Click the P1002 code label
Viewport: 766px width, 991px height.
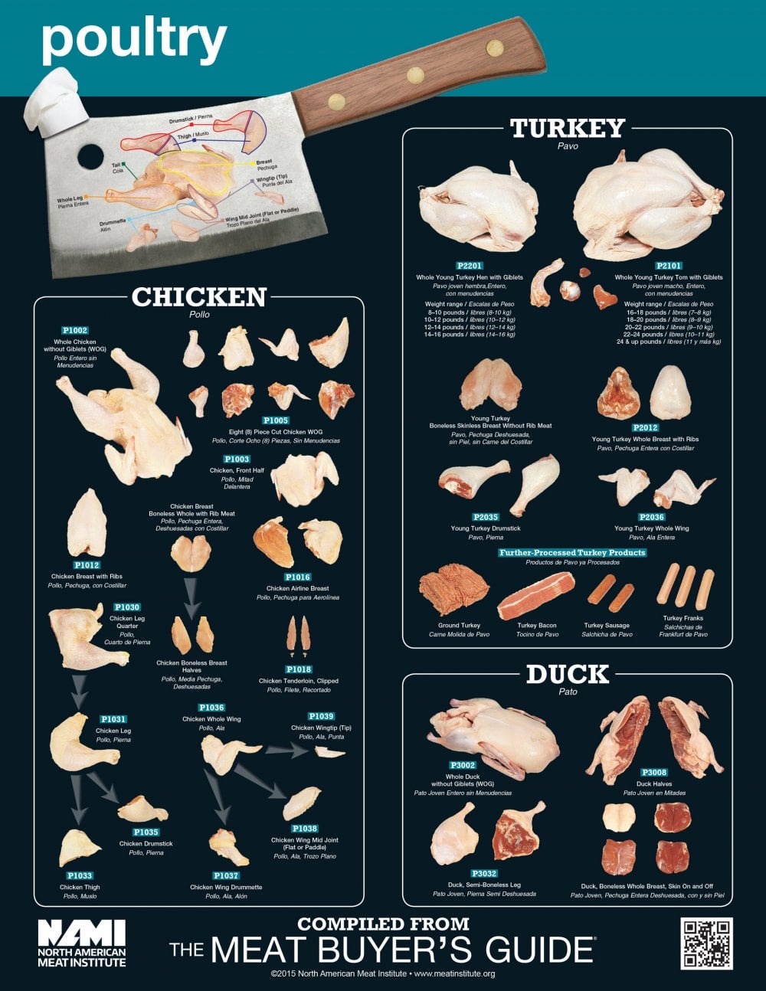(75, 331)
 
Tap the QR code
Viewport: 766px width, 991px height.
(706, 943)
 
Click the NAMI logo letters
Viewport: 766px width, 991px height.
(81, 933)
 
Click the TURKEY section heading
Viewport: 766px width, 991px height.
(568, 128)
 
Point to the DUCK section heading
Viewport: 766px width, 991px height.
(568, 675)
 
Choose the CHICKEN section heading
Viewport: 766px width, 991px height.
(199, 297)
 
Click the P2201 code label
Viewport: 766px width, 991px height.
(469, 266)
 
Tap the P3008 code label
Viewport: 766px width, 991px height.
(653, 773)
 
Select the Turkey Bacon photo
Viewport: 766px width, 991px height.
(535, 597)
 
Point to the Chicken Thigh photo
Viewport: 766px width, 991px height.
(79, 848)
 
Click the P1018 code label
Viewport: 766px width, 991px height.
(298, 669)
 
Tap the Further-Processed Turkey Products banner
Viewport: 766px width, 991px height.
(572, 552)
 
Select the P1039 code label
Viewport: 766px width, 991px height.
(321, 717)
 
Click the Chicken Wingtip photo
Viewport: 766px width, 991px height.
(330, 753)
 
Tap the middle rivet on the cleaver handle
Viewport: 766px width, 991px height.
(416, 74)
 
